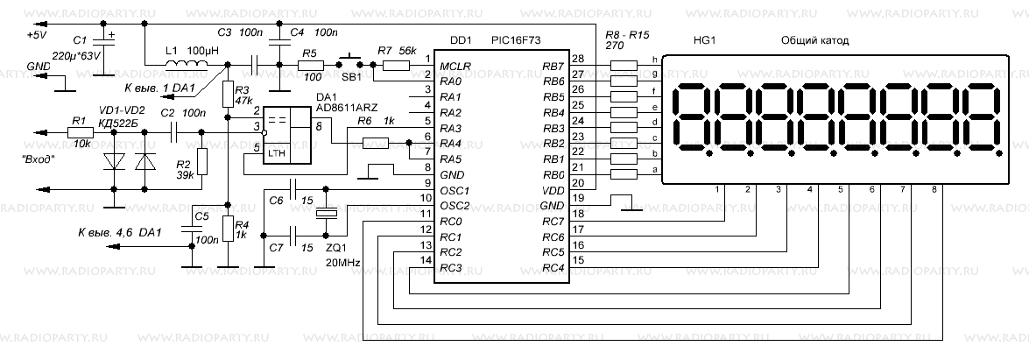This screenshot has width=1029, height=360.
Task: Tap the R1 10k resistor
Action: click(80, 131)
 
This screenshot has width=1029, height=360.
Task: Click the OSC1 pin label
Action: click(455, 190)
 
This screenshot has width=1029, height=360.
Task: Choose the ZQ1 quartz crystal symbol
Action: click(326, 213)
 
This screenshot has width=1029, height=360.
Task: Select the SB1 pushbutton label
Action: click(353, 77)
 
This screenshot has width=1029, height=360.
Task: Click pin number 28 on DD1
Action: click(577, 59)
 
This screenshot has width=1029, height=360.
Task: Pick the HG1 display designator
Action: click(702, 40)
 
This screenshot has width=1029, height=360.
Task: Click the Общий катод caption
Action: click(814, 40)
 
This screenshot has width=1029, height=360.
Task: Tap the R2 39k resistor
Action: click(202, 161)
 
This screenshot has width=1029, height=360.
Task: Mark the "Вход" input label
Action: click(39, 160)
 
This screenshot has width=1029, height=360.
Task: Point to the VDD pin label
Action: click(553, 190)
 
